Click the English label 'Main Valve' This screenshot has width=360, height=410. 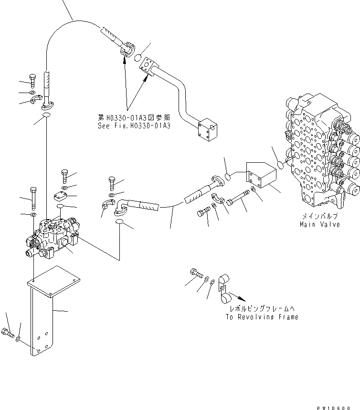coord(319,224)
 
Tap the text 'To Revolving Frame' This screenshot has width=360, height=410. coord(262,317)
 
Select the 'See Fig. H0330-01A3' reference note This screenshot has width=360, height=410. coord(133,126)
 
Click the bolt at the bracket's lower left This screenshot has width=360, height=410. coord(8,332)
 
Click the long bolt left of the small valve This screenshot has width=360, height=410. coord(33,194)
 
